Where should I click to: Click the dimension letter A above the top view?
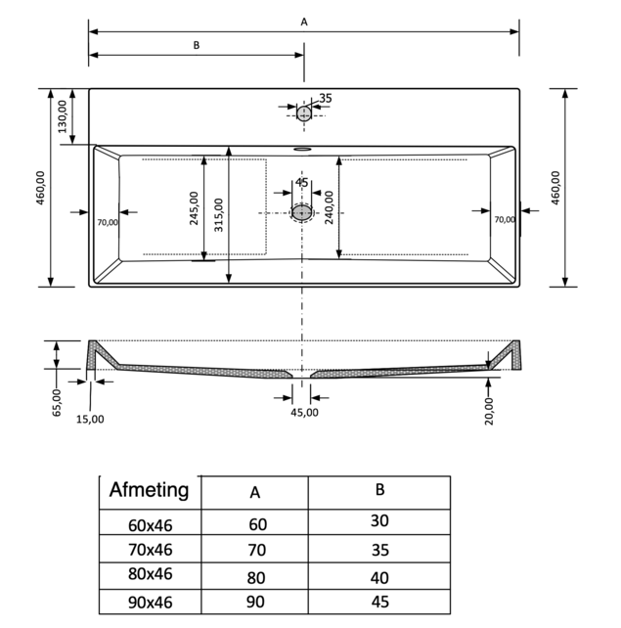[x=304, y=21]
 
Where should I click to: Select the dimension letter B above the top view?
[x=197, y=44]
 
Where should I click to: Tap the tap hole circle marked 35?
[x=304, y=113]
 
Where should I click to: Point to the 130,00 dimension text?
[x=63, y=116]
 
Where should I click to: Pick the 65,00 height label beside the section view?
[x=57, y=403]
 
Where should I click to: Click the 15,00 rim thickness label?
[x=90, y=418]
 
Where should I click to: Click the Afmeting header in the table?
[x=149, y=490]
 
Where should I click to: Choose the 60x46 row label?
[x=150, y=524]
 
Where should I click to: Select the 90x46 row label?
[x=150, y=603]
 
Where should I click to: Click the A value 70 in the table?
[x=256, y=551]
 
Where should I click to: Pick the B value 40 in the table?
[x=379, y=577]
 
